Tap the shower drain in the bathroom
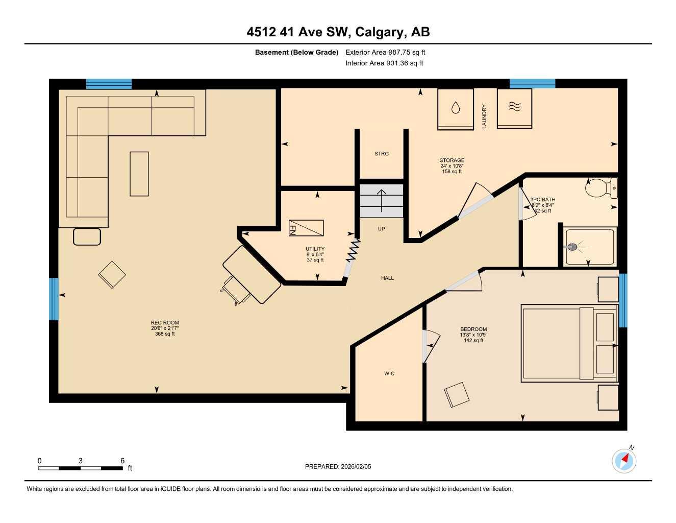tap(573, 247)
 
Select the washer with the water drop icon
tap(455, 108)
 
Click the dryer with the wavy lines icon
tap(514, 108)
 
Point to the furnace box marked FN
tap(306, 228)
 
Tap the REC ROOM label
tap(165, 323)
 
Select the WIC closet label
tap(389, 374)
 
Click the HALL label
tap(387, 278)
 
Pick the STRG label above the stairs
tap(382, 154)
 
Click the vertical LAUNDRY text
tap(484, 116)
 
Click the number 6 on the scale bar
tap(122, 461)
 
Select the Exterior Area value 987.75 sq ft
tap(400, 52)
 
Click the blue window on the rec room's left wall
tap(54, 299)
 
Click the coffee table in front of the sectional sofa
tap(139, 174)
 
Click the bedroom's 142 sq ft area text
tap(473, 341)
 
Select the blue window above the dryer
tap(532, 84)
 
